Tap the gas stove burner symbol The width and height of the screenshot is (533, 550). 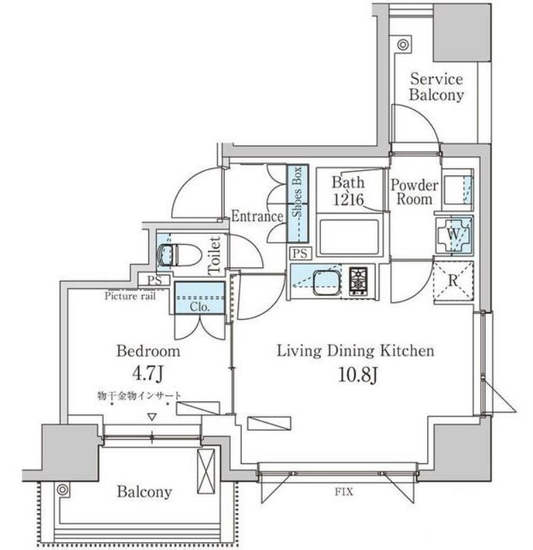[358, 279]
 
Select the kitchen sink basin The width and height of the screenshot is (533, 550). [326, 282]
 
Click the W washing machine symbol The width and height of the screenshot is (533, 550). [454, 234]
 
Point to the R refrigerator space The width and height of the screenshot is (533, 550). [453, 281]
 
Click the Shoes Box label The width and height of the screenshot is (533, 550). [297, 192]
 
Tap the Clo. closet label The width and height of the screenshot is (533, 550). [200, 307]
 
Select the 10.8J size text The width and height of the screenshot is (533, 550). [357, 375]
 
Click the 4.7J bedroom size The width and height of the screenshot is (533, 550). [148, 374]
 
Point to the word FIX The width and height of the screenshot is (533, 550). [343, 492]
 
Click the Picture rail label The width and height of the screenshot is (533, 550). [130, 296]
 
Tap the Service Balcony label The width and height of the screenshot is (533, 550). [436, 87]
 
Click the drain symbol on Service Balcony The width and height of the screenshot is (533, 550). [403, 45]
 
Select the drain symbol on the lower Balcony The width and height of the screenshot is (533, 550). [63, 489]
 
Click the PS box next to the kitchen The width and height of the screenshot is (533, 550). [300, 253]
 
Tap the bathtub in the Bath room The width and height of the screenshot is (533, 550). [350, 236]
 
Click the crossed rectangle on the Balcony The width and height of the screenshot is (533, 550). [205, 471]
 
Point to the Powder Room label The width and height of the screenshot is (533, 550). [414, 192]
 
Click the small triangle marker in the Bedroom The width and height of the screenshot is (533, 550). [152, 417]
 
